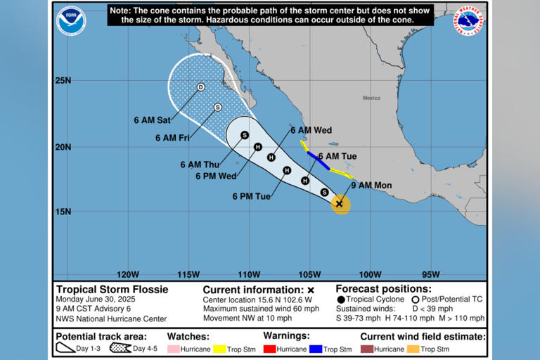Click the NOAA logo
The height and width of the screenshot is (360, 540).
point(71,20)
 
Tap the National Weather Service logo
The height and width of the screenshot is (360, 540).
point(468,20)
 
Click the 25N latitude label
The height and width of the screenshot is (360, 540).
point(63,80)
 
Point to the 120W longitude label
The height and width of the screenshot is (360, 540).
point(128,274)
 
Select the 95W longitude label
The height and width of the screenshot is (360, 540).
point(430,274)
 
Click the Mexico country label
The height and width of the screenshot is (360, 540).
point(371,98)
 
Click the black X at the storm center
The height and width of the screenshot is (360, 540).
point(340,204)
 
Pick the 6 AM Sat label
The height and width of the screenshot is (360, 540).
point(152,120)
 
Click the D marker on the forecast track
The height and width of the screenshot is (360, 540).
point(200,87)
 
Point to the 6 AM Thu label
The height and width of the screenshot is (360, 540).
point(198,165)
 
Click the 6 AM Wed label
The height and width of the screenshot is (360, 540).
point(311,130)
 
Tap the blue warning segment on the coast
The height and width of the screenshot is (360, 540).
point(318,160)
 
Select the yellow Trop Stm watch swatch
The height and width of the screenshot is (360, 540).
point(219,349)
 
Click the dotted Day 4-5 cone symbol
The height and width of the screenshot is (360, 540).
point(120,348)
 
